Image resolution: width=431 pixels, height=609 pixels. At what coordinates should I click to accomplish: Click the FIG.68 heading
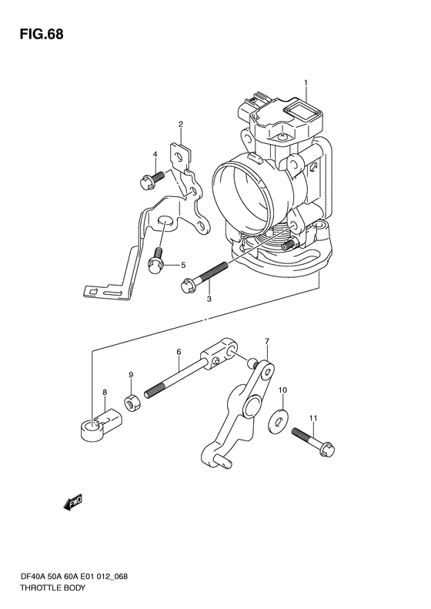(42, 34)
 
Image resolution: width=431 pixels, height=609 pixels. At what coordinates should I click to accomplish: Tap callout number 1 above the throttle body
(306, 82)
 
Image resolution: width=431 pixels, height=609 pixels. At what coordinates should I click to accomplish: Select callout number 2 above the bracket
(181, 124)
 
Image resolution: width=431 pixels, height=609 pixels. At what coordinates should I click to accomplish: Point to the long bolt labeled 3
(204, 277)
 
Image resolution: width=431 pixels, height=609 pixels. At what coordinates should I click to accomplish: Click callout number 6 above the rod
(179, 352)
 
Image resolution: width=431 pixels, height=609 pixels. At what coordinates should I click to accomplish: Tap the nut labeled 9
(132, 403)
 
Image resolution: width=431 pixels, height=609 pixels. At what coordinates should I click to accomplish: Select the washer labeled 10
(278, 420)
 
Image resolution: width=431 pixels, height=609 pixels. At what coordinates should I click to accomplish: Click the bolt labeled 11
(313, 442)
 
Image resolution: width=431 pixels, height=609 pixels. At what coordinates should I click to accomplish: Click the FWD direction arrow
(73, 503)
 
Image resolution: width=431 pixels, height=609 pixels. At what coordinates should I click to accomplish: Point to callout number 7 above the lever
(267, 341)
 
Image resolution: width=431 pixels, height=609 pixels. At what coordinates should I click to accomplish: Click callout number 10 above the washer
(282, 390)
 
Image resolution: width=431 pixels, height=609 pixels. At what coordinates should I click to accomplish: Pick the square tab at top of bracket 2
(181, 156)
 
